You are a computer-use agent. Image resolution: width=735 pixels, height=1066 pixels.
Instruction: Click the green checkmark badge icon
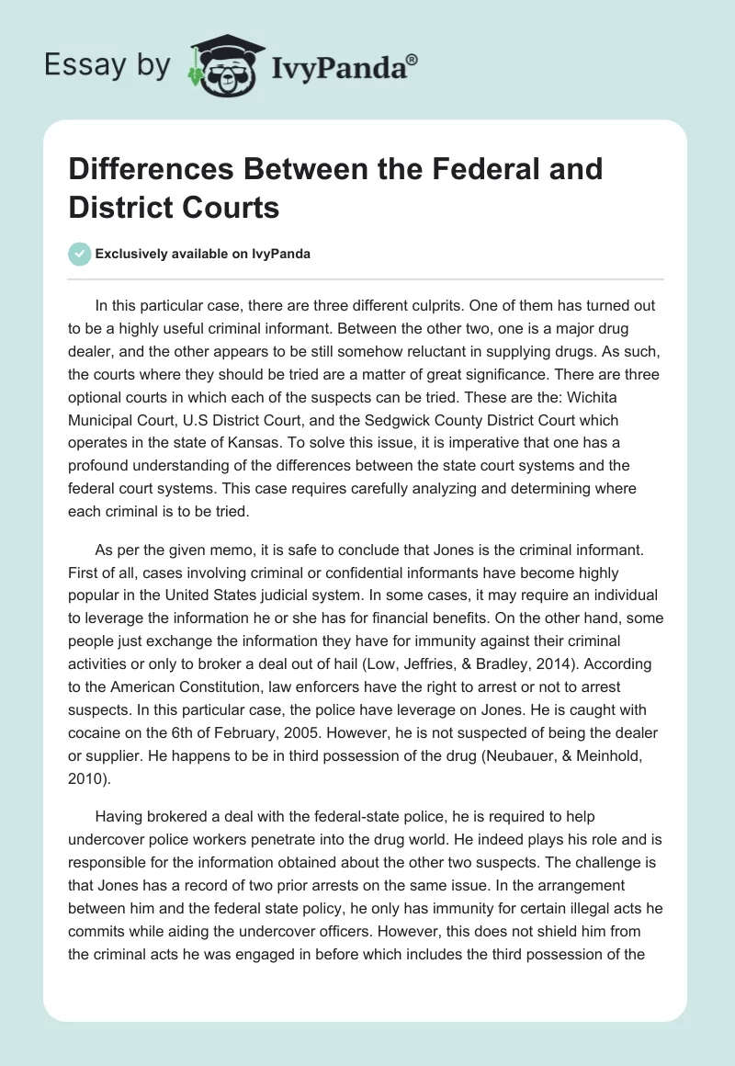79,255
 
